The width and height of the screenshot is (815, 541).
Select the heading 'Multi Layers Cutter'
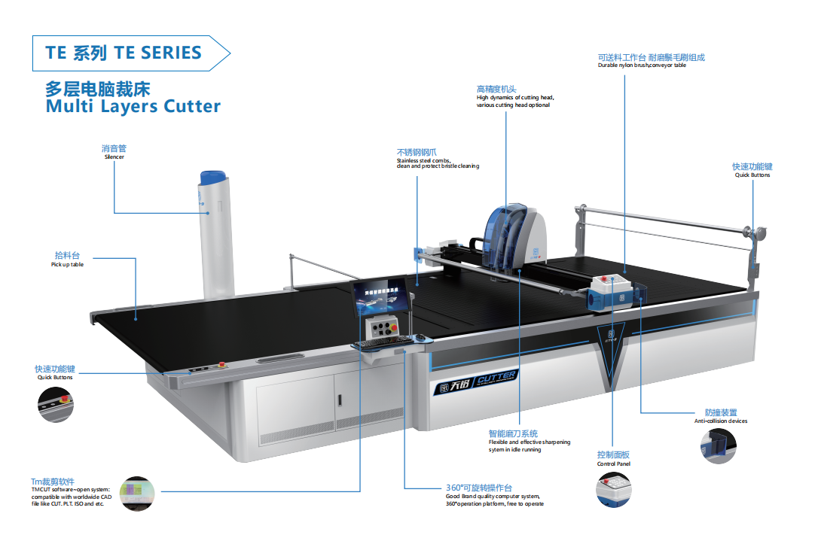pyautogui.click(x=133, y=106)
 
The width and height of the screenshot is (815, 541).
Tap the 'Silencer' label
pyautogui.click(x=114, y=157)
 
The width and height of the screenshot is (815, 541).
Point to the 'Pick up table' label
pyautogui.click(x=67, y=265)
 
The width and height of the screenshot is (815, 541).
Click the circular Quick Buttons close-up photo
pyautogui.click(x=56, y=405)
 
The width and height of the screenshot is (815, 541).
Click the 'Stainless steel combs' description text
pyautogui.click(x=438, y=163)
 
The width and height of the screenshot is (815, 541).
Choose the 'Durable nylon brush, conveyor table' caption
pyautogui.click(x=642, y=65)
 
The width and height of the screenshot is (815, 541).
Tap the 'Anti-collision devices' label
pyautogui.click(x=721, y=421)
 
